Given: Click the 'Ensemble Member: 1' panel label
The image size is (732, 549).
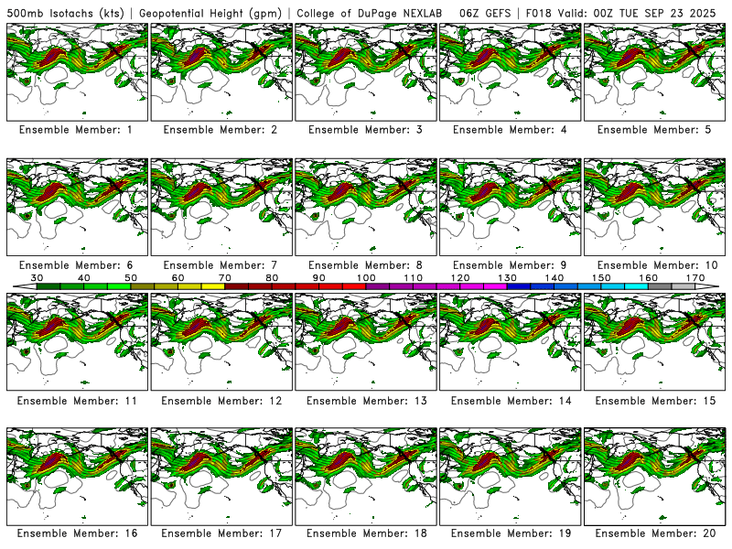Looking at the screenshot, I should (x=76, y=130).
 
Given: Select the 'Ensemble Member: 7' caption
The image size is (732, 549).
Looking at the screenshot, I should (x=221, y=265).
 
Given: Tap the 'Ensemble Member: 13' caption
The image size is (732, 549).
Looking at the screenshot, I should (x=366, y=401).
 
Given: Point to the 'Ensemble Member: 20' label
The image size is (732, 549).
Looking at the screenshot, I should (x=655, y=533).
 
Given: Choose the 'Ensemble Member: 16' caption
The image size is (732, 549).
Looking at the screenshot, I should (x=76, y=533).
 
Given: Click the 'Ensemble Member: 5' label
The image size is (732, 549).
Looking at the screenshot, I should (x=655, y=130).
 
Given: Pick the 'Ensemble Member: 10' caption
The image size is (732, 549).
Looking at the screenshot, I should (x=655, y=265).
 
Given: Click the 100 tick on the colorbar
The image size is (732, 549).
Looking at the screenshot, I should (x=366, y=277).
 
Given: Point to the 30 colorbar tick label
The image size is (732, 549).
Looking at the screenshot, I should (x=38, y=277).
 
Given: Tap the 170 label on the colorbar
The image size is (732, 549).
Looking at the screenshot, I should (x=694, y=277).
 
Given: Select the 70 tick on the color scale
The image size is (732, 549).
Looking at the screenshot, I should (x=225, y=277).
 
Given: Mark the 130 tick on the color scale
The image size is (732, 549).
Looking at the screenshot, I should (x=507, y=277).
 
